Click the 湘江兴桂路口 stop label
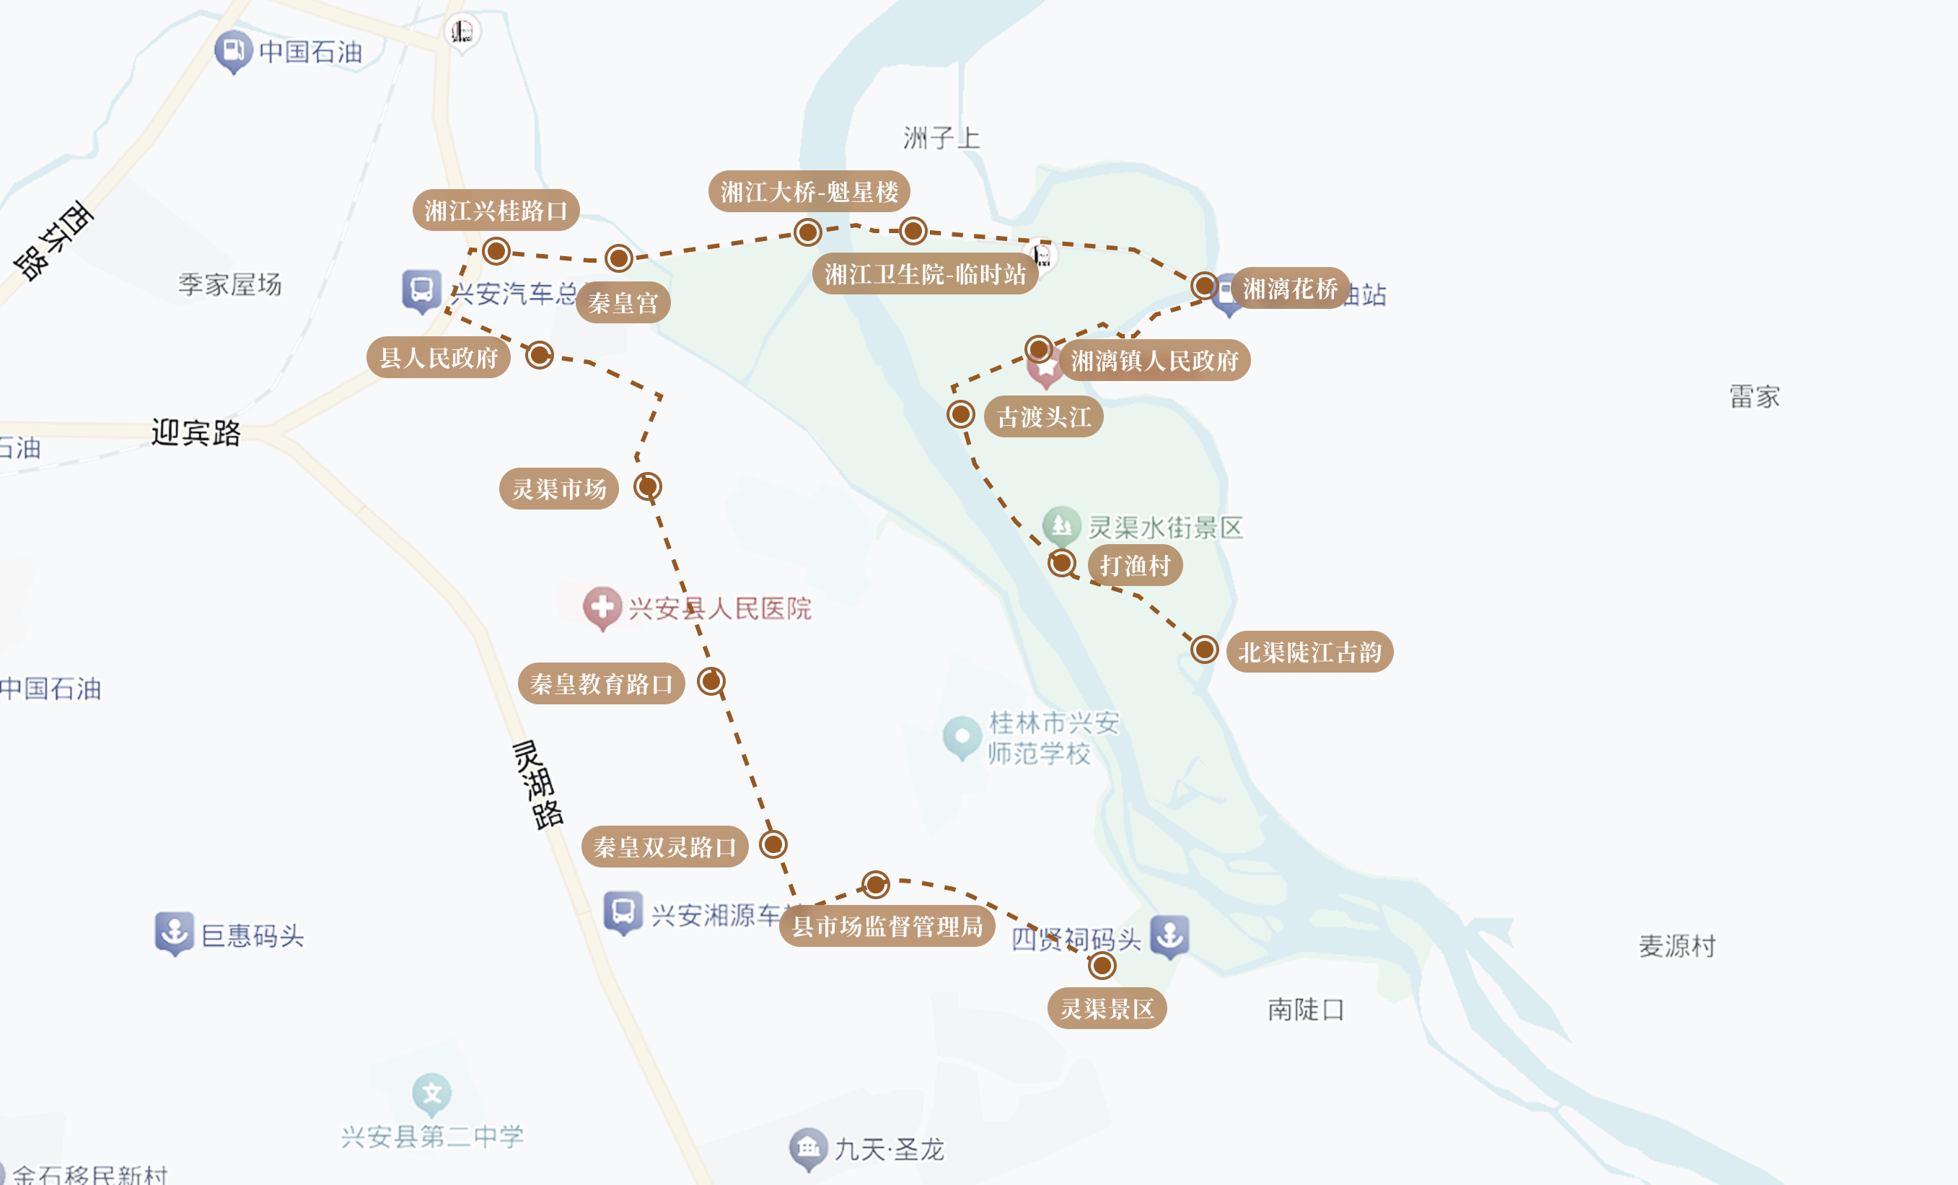[x=496, y=211]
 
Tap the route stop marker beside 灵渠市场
[x=648, y=486]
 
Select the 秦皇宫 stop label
[x=623, y=303]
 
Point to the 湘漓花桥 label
[x=1290, y=289]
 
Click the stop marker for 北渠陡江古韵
[x=1205, y=650]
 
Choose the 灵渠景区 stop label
[x=1107, y=1009]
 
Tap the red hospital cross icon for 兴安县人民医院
[x=602, y=607]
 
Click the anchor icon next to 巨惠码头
[x=174, y=932]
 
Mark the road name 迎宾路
[x=196, y=433]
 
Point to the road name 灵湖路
[x=538, y=785]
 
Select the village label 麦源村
[x=1677, y=946]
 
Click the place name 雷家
[x=1755, y=395]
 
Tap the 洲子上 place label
[x=941, y=139]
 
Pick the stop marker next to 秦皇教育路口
[x=711, y=681]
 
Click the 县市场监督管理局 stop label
[x=887, y=926]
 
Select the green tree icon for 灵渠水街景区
[x=1061, y=525]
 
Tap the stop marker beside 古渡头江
[x=961, y=414]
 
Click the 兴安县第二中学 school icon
[x=431, y=1094]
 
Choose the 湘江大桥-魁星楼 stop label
[x=809, y=191]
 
